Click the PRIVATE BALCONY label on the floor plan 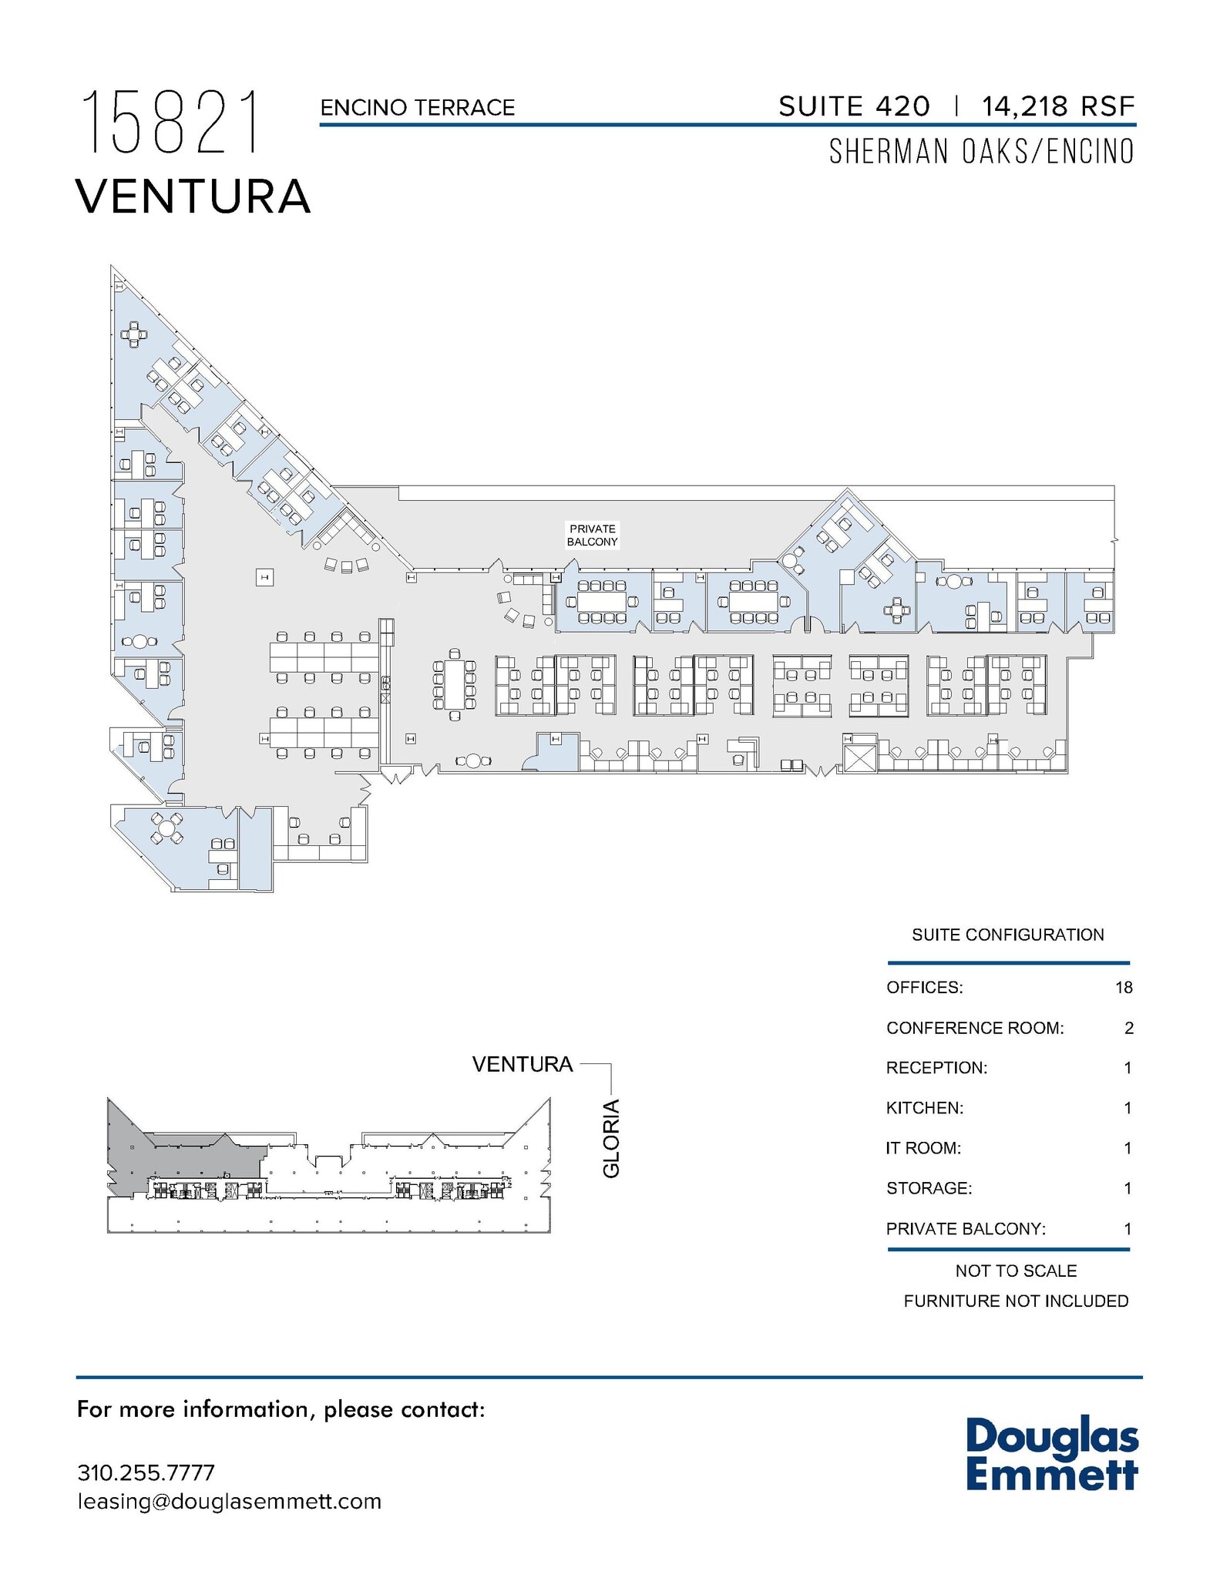592,535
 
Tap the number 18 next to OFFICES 1123,988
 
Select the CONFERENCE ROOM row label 974,1028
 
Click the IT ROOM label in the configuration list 923,1148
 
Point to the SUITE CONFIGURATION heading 1007,935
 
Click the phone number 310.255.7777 146,1472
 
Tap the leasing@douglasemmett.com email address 229,1502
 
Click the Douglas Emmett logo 1051,1455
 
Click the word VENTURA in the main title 193,196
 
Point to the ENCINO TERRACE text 417,108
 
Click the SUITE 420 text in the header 854,106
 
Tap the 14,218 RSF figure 1057,106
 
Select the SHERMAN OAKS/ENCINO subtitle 981,152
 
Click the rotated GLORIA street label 611,1138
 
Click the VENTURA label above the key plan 522,1064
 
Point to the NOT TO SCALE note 1016,1271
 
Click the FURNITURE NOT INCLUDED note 1016,1301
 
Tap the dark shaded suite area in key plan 193,1156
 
